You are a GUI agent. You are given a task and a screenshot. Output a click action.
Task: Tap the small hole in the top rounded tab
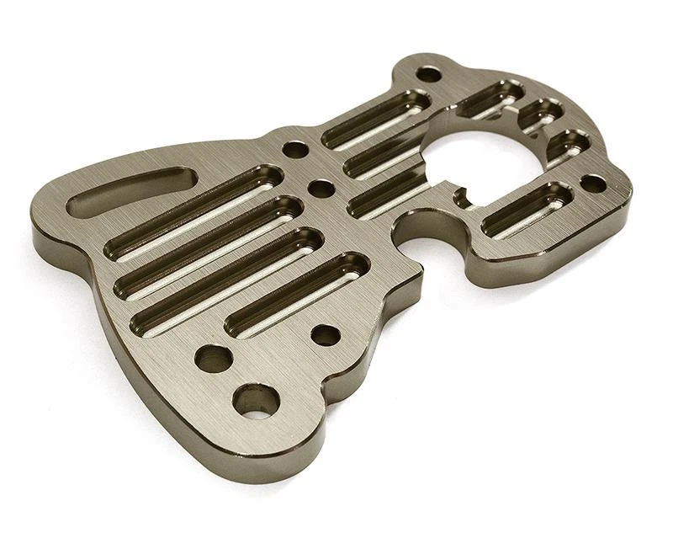429,74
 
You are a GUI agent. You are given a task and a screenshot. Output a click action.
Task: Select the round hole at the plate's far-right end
593,183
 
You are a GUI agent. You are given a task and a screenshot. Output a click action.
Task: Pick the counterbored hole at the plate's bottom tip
256,400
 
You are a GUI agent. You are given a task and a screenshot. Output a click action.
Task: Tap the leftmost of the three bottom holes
214,358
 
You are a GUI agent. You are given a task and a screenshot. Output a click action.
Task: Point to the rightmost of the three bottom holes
326,335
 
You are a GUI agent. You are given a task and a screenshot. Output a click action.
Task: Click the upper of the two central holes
295,150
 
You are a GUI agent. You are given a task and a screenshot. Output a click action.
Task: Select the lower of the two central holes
321,188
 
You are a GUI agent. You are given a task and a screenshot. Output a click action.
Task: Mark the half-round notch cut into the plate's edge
418,231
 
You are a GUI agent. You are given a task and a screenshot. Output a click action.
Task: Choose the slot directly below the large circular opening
527,208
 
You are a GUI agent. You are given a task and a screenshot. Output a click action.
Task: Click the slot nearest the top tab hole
376,118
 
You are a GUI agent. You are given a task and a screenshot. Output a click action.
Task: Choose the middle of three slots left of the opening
383,157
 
